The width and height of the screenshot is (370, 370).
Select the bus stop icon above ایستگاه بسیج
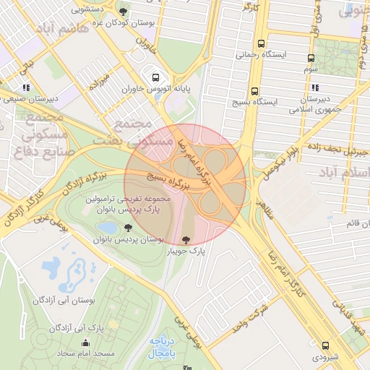[x=254, y=92]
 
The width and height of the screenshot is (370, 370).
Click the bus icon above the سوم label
[x=311, y=59]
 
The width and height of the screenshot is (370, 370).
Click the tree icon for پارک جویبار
[x=186, y=239]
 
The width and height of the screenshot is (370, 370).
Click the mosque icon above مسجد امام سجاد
[x=86, y=343]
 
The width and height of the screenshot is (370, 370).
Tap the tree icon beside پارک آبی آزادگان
[x=54, y=327]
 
